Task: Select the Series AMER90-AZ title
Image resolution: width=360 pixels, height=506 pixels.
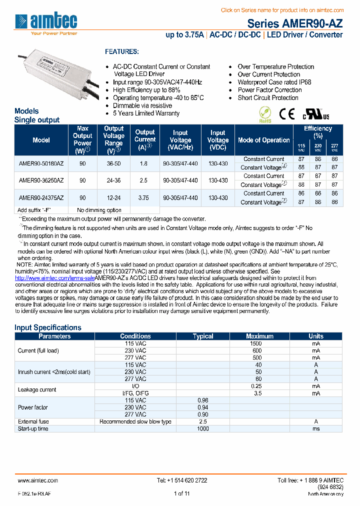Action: [295, 23]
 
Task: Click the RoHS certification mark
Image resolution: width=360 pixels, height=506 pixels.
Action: [265, 114]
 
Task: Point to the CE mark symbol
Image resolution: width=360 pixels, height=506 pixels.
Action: [286, 114]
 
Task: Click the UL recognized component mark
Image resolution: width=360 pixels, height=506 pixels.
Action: [315, 114]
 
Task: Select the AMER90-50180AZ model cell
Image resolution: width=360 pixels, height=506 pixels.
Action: [41, 163]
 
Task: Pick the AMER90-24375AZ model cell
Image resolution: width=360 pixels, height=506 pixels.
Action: [41, 197]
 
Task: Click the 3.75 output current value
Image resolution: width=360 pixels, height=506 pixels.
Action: [145, 197]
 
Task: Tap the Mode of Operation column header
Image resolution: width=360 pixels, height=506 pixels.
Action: [263, 140]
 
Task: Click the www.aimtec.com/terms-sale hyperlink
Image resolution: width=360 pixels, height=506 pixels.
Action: [54, 277]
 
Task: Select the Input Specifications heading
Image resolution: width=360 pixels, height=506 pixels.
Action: [48, 327]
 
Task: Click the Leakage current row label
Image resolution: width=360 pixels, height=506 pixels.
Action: [37, 389]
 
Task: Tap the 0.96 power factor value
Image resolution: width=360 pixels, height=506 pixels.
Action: [202, 400]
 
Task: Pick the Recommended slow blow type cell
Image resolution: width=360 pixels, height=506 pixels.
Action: [135, 421]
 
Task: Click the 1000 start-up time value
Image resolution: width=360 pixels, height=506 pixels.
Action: [202, 428]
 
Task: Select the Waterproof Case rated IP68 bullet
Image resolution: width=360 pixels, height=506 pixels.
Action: [274, 82]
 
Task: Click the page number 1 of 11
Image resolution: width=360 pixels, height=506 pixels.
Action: [182, 493]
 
